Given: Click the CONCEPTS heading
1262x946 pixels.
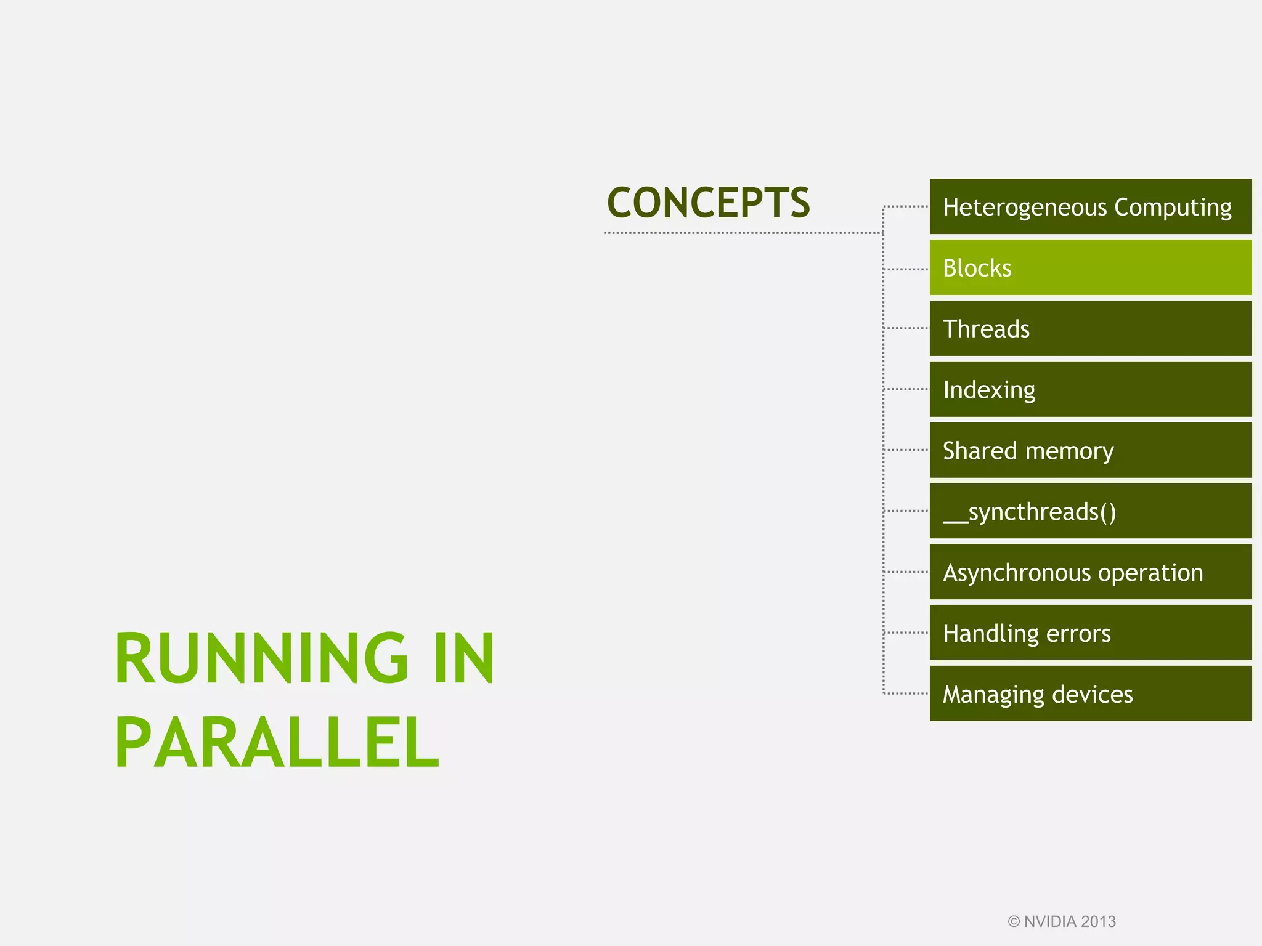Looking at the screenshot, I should (x=708, y=203).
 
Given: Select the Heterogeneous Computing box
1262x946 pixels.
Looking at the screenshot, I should (x=1090, y=207).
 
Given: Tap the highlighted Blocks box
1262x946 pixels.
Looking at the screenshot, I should (x=1090, y=268).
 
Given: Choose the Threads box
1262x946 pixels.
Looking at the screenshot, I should (x=1090, y=328).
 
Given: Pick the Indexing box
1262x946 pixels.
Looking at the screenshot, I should (x=1090, y=389).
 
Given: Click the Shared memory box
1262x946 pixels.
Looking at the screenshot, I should (x=1090, y=450).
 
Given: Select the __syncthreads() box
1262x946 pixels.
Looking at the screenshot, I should (x=1090, y=511).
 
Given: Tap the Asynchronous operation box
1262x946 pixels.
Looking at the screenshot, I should (x=1090, y=572).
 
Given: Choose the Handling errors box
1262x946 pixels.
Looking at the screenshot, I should (x=1090, y=633).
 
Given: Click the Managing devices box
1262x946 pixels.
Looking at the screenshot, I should (x=1090, y=694).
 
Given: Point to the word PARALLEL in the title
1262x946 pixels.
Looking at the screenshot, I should (x=277, y=743).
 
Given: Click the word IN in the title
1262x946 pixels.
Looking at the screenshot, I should (x=463, y=658).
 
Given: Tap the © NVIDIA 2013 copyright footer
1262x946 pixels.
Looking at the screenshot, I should (x=1062, y=921).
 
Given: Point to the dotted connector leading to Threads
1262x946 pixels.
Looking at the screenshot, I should (x=906, y=328).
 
